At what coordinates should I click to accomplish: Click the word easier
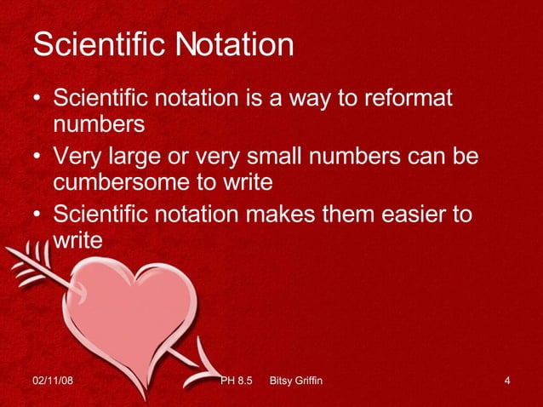[397, 214]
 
